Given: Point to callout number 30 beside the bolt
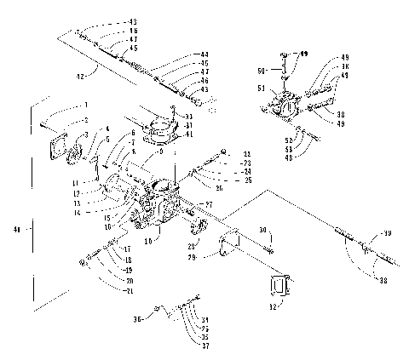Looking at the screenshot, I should click(x=263, y=228).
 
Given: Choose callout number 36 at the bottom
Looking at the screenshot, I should click(x=139, y=319).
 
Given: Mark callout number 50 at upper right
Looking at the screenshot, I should click(x=263, y=69).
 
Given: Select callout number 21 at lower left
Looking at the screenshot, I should click(x=129, y=291).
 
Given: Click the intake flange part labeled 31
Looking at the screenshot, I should click(x=163, y=131).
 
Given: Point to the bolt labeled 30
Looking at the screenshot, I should click(x=269, y=246).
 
